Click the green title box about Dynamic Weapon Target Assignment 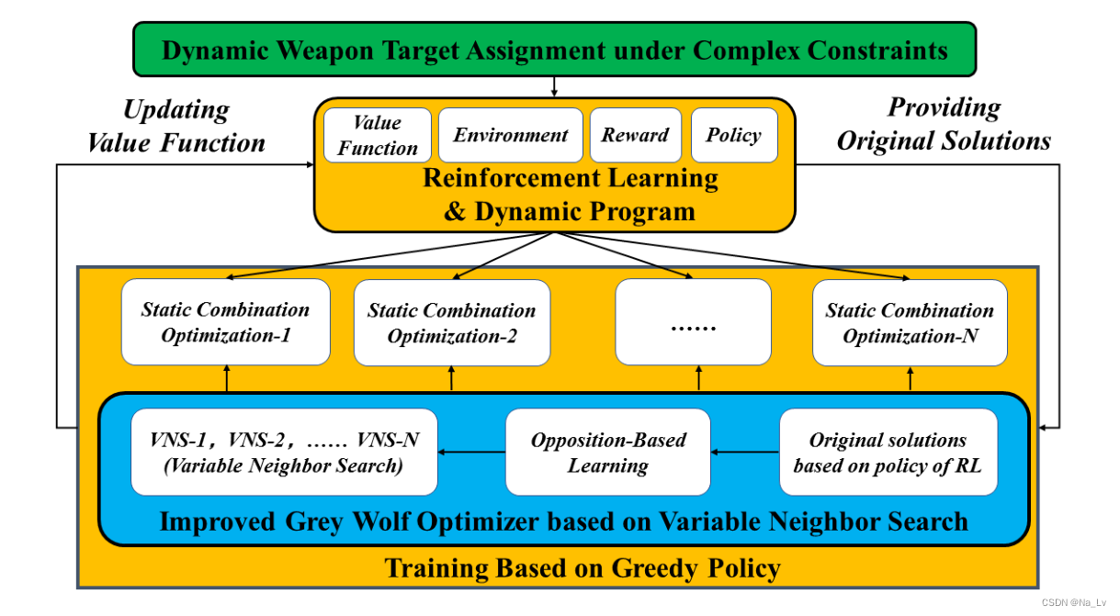coord(555,50)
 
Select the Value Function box coord(377,136)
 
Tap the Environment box coord(510,136)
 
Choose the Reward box coord(635,136)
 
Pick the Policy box coord(733,136)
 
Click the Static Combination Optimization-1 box coord(225,322)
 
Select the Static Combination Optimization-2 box coord(451,323)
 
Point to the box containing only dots coord(693,322)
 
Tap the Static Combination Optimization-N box coord(910,323)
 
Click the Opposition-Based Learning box coord(607,452)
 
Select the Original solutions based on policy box coord(888,452)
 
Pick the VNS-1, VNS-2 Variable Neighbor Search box coord(284,452)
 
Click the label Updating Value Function coord(176,127)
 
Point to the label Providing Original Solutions coord(944,124)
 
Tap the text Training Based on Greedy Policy coord(583,568)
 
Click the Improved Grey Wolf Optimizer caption coord(563,521)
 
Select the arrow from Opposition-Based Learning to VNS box coord(471,452)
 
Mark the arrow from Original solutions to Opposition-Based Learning coord(744,452)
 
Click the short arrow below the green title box coord(554,87)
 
